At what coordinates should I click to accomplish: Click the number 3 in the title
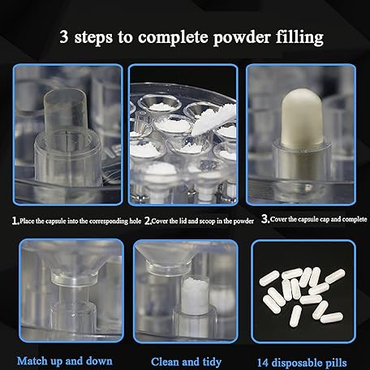coord(64,37)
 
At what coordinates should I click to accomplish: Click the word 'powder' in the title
coord(242,38)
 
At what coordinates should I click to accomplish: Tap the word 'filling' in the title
coord(299,37)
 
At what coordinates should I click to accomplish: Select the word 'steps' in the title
coord(93,38)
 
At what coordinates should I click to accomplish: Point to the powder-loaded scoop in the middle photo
coord(212,119)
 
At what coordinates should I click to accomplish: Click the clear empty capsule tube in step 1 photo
coord(66,114)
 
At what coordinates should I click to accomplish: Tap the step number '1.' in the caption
coord(15,221)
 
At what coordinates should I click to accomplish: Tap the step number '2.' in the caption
coord(148,222)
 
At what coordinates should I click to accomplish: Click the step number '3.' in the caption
coord(265,219)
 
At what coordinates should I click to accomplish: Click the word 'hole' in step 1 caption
coord(135,221)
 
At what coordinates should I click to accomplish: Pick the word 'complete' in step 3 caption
coord(354,219)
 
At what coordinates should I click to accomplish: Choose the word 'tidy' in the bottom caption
coord(212,362)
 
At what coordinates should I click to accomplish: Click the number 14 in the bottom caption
coord(262,363)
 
